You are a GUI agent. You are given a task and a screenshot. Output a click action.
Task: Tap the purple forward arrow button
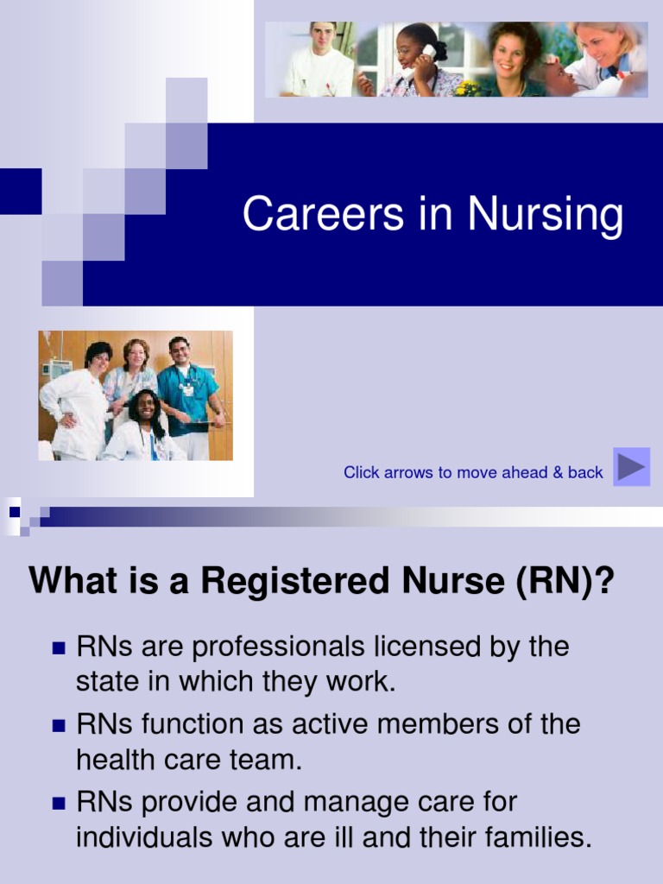(x=631, y=467)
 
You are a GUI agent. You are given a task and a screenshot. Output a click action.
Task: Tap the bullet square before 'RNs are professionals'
(x=59, y=647)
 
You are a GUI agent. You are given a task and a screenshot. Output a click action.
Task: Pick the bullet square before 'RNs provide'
(x=59, y=803)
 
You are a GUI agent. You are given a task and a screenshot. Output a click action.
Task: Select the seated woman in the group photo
(x=144, y=427)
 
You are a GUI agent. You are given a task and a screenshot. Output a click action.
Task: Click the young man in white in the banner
(x=320, y=60)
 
